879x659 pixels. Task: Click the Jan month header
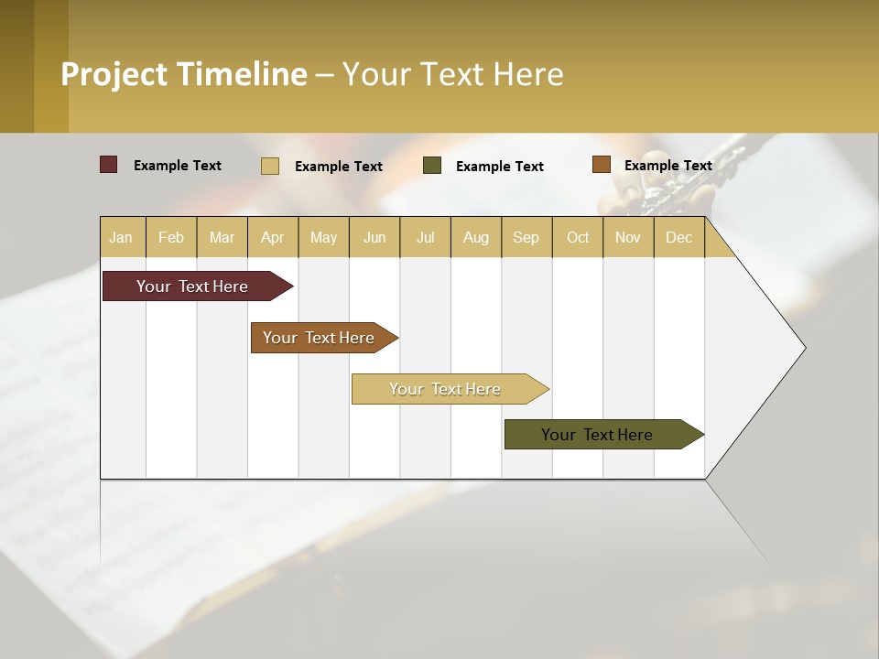point(122,237)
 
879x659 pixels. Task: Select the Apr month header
point(273,237)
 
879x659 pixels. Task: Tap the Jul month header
point(426,237)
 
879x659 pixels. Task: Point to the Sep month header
point(526,237)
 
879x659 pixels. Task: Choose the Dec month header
point(678,237)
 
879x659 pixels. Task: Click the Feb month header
point(171,237)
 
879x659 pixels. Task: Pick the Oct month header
point(578,237)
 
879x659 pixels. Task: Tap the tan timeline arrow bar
point(446,389)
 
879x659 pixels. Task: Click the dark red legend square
point(109,165)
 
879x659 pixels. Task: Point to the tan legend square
point(270,166)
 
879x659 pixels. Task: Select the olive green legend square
point(432,166)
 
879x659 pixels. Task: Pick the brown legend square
point(601,165)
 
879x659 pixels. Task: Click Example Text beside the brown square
point(667,165)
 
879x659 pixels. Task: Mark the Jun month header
point(374,237)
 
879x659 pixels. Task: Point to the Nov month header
point(628,237)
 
